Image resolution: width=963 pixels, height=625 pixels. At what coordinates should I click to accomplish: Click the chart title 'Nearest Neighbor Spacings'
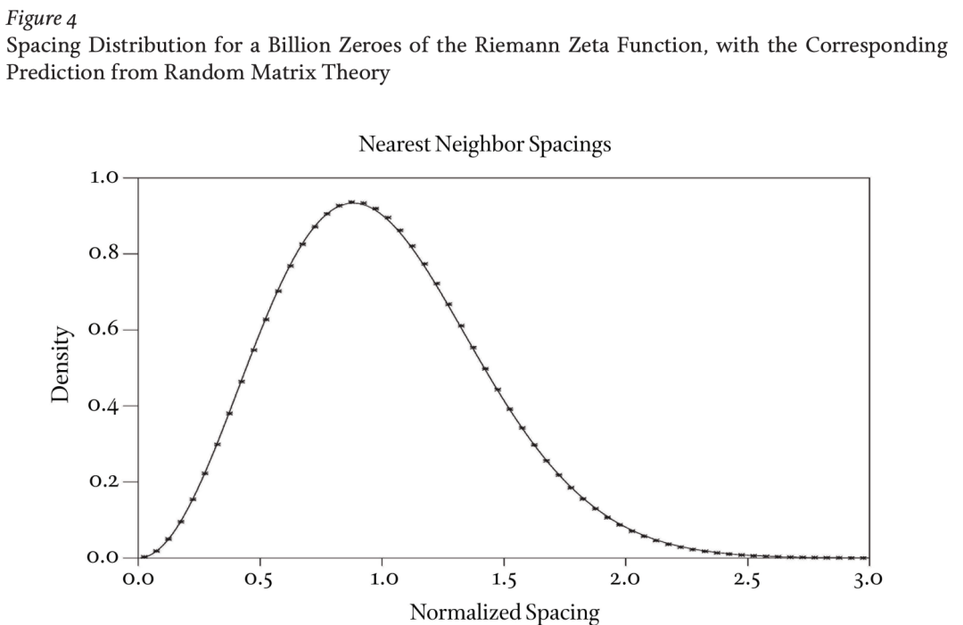click(485, 144)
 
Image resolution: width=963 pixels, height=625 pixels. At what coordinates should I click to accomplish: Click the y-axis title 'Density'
click(61, 365)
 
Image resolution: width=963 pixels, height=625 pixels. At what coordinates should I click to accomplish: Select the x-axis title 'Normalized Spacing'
click(504, 613)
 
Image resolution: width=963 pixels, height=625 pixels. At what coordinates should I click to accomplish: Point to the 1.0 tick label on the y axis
click(105, 177)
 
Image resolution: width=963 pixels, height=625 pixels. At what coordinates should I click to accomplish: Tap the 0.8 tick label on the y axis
click(105, 254)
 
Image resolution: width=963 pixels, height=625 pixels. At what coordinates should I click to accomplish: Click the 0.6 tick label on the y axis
click(105, 330)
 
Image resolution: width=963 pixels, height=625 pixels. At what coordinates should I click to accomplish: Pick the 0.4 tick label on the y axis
click(105, 406)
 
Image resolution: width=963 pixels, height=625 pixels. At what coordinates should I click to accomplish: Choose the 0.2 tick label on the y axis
click(105, 481)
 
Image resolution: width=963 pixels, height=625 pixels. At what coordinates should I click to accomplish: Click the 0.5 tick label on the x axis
click(260, 580)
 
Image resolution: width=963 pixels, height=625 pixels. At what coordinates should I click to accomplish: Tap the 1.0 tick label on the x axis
click(382, 580)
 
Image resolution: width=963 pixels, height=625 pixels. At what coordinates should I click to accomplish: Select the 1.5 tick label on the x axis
click(504, 580)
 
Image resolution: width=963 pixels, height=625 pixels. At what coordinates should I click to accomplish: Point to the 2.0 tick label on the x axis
click(625, 580)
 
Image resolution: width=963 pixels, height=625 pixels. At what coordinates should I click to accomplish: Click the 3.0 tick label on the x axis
click(867, 580)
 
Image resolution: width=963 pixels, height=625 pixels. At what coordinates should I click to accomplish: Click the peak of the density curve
click(353, 202)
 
